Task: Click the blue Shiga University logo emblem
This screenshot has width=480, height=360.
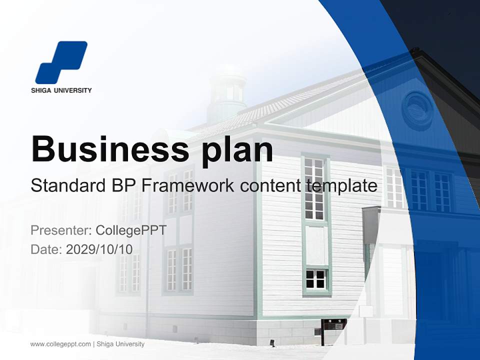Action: click(x=61, y=62)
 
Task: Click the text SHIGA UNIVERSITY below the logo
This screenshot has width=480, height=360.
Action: click(x=61, y=90)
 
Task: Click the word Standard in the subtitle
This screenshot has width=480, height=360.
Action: click(x=67, y=185)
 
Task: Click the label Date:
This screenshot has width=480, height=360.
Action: click(x=46, y=249)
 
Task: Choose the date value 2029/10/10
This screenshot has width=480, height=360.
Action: click(x=99, y=249)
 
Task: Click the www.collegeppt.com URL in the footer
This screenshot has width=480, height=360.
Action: click(x=60, y=344)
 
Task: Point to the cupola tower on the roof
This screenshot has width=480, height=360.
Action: click(x=227, y=92)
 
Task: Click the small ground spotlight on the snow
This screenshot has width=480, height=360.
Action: click(x=272, y=342)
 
